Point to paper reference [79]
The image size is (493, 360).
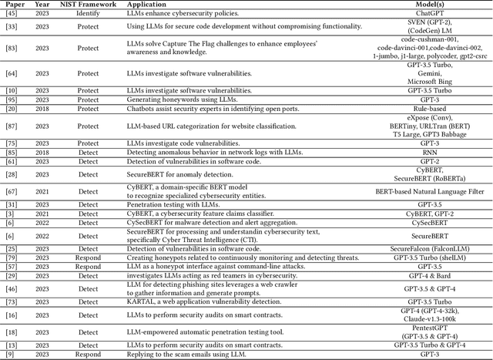[x=11, y=257]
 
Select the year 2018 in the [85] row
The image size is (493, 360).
[x=42, y=152]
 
